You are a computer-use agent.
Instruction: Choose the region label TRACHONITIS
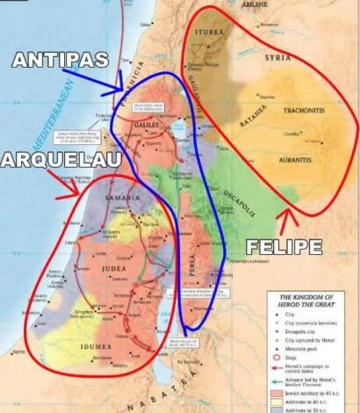tap(304, 112)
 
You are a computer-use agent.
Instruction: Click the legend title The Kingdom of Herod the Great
tap(306, 304)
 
